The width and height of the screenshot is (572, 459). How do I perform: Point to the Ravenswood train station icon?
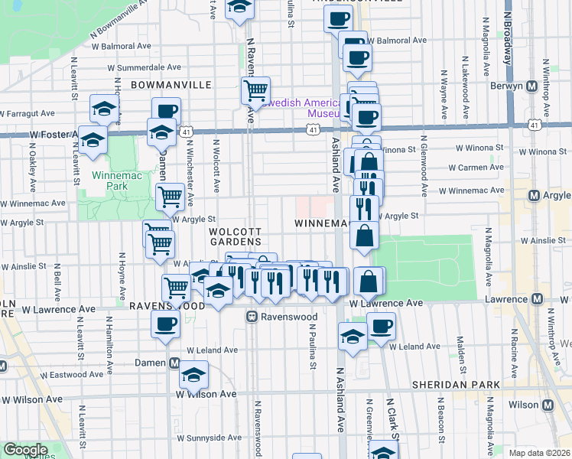point(252,315)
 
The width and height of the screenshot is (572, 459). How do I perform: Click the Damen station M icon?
point(174,363)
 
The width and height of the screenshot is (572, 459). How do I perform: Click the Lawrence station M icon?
point(537,298)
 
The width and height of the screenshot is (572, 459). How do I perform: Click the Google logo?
point(24,450)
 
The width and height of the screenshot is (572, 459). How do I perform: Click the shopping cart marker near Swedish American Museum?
point(255,91)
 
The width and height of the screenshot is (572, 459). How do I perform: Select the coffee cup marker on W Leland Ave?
point(382,327)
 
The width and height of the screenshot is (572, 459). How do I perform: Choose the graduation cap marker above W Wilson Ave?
point(193,376)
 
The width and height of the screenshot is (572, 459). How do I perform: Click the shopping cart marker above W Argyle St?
point(170,197)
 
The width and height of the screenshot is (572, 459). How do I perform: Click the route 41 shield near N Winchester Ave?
point(187,132)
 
